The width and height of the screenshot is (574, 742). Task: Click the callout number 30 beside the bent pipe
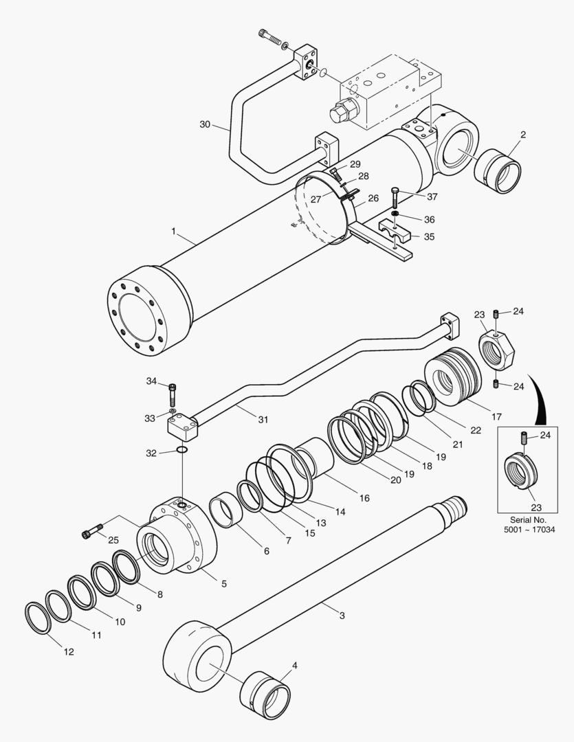pyautogui.click(x=205, y=124)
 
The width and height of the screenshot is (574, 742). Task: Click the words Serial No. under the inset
pyautogui.click(x=528, y=520)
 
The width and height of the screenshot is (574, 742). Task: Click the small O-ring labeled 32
pyautogui.click(x=181, y=450)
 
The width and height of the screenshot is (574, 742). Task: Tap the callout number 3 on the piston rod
pyautogui.click(x=342, y=616)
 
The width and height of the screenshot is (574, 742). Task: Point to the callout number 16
pyautogui.click(x=364, y=498)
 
